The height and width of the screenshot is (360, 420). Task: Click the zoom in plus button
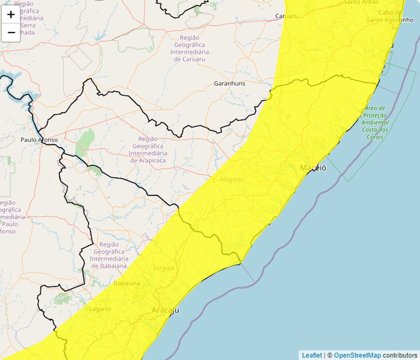(x=11, y=15)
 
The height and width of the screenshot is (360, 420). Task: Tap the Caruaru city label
(x=286, y=16)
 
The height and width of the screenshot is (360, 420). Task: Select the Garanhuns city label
(x=230, y=84)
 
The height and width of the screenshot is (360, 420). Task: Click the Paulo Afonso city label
(x=39, y=139)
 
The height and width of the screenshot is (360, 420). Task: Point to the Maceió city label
(x=313, y=168)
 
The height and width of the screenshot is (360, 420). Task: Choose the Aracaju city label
(x=166, y=311)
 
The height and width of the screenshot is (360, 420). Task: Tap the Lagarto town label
(x=100, y=309)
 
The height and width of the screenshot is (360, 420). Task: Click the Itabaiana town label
(x=127, y=283)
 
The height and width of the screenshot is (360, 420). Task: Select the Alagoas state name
(x=231, y=180)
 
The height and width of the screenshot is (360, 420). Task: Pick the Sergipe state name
(x=163, y=268)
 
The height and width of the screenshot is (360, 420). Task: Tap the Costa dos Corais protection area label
(x=375, y=122)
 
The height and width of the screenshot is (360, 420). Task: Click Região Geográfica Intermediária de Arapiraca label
(x=148, y=150)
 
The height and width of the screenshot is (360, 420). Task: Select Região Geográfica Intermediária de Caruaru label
(x=190, y=48)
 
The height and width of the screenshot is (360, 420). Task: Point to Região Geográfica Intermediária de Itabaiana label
(x=108, y=255)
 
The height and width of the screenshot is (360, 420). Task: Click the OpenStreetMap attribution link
(x=357, y=355)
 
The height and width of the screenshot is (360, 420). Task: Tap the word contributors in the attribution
(x=400, y=355)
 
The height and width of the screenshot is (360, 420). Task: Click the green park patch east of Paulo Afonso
(x=86, y=142)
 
